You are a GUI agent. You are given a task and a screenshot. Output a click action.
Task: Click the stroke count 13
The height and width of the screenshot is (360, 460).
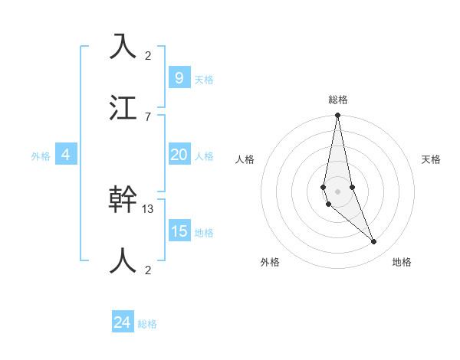click(x=149, y=208)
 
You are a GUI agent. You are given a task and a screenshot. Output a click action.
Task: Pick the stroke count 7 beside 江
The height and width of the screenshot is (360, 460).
click(x=148, y=116)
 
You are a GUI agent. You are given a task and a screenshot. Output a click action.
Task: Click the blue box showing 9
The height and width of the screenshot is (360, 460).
click(x=179, y=77)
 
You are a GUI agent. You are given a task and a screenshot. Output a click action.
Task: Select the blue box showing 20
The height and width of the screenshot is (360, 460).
click(x=179, y=155)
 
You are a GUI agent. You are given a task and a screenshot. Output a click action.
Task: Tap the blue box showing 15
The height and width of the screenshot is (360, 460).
click(x=179, y=231)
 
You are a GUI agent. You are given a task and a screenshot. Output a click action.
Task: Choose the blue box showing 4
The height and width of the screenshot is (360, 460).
click(x=66, y=155)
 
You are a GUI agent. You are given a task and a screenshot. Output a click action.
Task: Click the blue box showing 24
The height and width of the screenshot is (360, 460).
click(x=123, y=322)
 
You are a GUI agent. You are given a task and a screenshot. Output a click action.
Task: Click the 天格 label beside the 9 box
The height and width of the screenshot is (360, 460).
click(x=204, y=80)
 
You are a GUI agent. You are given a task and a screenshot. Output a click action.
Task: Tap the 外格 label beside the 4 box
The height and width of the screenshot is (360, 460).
click(x=41, y=156)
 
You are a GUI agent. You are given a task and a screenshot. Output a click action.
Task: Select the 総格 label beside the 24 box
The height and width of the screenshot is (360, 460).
click(x=147, y=324)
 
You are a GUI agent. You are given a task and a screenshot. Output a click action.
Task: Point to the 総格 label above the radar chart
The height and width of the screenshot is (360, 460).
click(x=338, y=100)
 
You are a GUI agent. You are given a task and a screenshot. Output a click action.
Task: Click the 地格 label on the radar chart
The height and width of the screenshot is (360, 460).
click(x=402, y=262)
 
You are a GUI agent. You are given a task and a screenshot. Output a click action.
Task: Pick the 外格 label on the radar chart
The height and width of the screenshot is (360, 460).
click(x=270, y=262)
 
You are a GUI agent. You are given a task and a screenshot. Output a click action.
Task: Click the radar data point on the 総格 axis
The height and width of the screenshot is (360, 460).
click(x=337, y=116)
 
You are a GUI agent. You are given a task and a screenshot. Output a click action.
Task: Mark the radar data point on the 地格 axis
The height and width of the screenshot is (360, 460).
click(x=374, y=242)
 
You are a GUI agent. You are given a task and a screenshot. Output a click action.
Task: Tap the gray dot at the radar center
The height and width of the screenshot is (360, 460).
click(x=337, y=191)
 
